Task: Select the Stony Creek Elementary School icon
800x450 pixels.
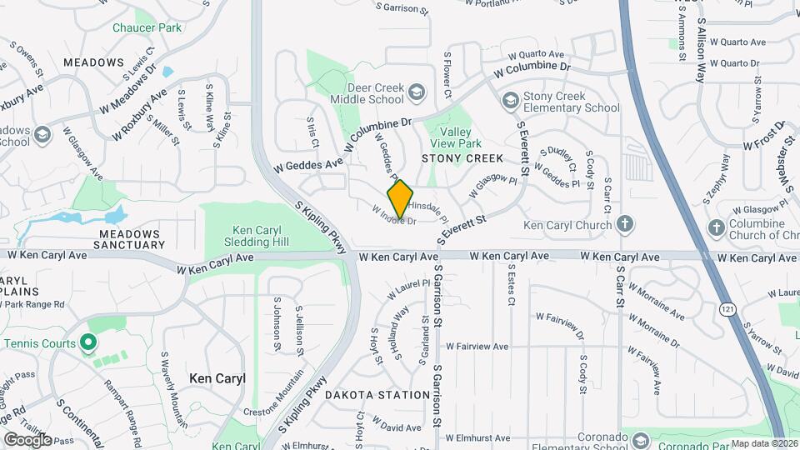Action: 510,101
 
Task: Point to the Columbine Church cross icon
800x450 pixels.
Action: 716,227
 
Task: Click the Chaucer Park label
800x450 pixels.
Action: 147,27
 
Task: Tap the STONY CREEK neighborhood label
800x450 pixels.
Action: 462,158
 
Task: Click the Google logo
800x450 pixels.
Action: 27,439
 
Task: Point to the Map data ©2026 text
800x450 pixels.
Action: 764,443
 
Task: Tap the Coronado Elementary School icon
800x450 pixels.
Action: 641,439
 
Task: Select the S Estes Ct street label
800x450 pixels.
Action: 511,284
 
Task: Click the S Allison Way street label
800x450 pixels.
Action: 701,51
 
